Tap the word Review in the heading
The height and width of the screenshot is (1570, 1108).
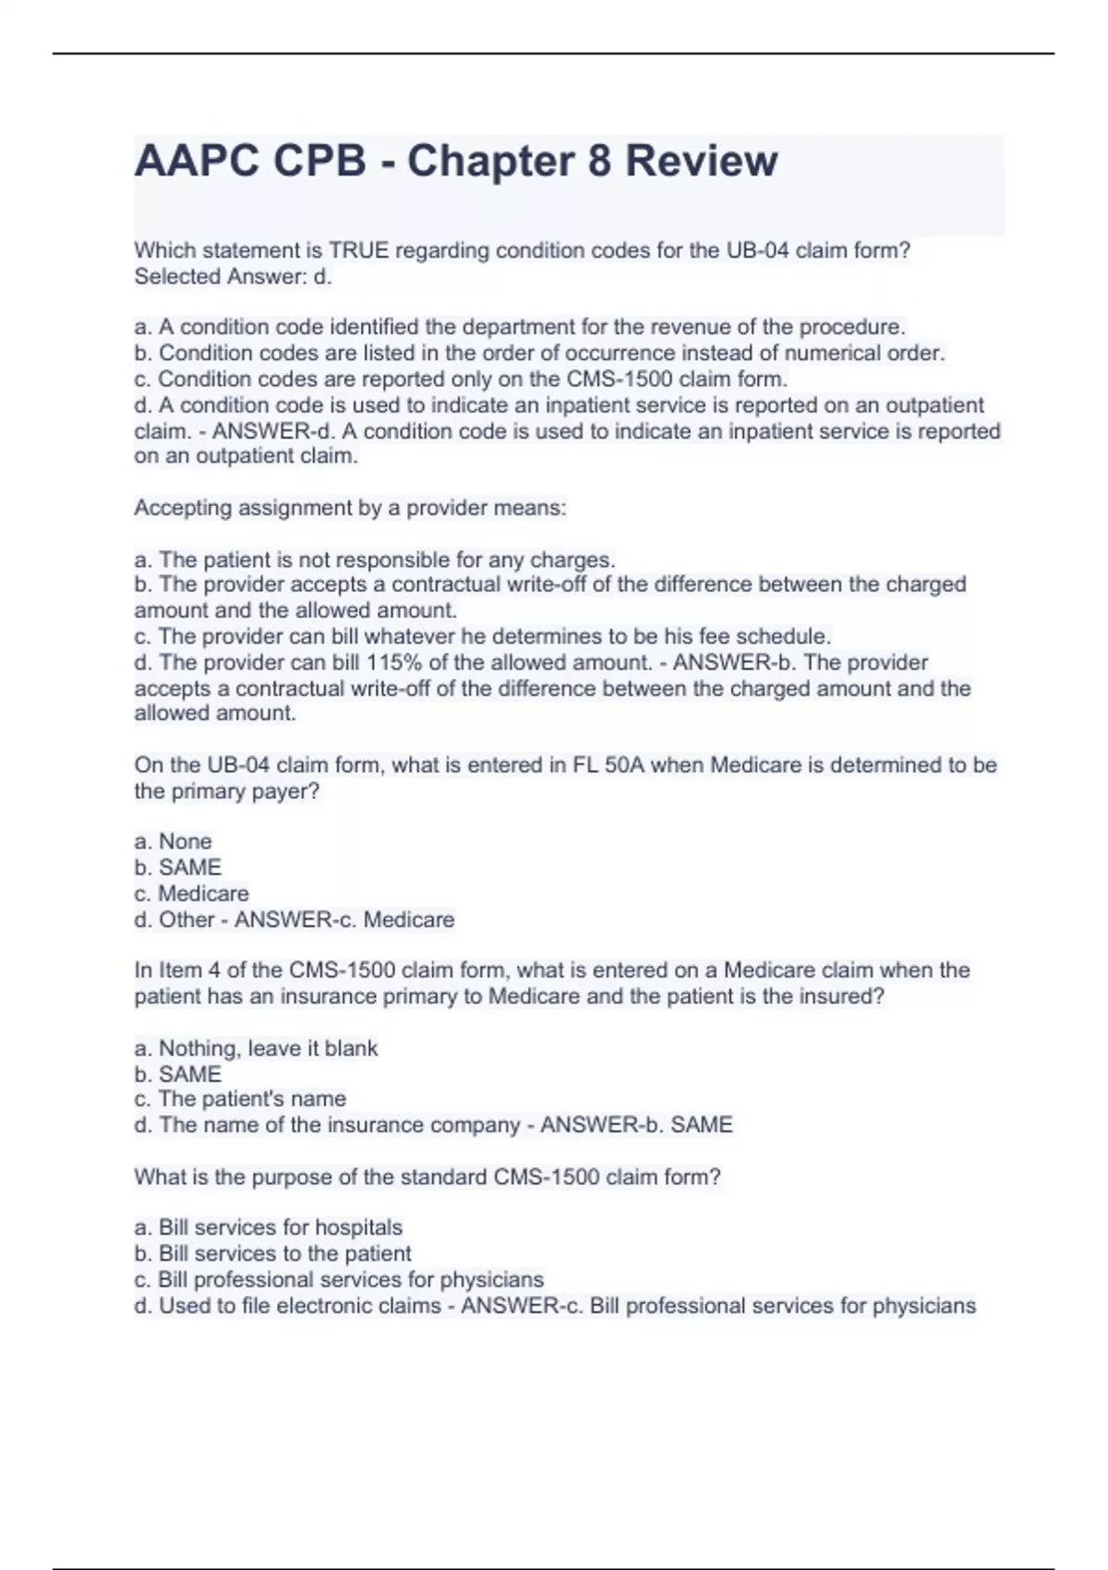(702, 161)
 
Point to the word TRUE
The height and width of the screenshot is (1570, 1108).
(361, 250)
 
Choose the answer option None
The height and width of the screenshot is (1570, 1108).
(185, 841)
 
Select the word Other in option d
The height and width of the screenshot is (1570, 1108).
(187, 920)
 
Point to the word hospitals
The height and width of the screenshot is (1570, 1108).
(358, 1227)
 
